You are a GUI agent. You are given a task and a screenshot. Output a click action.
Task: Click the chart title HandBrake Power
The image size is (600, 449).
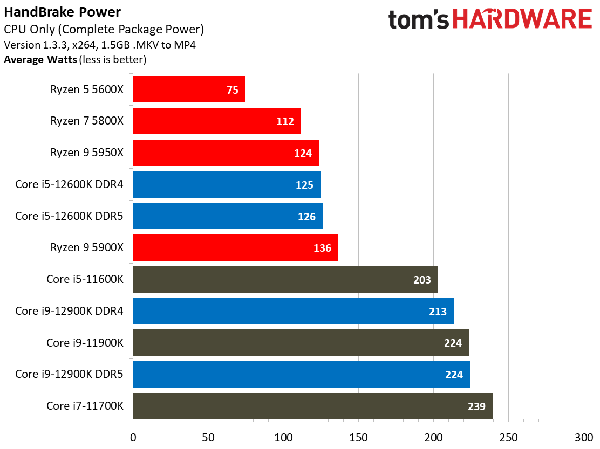pyautogui.click(x=62, y=12)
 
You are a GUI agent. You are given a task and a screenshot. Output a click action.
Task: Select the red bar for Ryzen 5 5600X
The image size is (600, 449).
pyautogui.click(x=189, y=89)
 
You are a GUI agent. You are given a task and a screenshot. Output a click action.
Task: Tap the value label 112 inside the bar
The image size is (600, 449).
pyautogui.click(x=284, y=121)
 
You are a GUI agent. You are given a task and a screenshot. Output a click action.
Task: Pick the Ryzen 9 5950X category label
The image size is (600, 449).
pyautogui.click(x=87, y=153)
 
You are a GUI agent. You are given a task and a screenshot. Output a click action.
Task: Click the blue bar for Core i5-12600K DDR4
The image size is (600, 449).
pyautogui.click(x=227, y=184)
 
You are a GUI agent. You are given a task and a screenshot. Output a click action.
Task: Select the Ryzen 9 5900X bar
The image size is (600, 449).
pyautogui.click(x=235, y=248)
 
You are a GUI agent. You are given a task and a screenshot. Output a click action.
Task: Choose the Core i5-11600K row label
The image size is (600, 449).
pyautogui.click(x=85, y=279)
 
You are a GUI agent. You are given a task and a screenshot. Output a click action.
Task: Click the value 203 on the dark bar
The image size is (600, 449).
pyautogui.click(x=422, y=280)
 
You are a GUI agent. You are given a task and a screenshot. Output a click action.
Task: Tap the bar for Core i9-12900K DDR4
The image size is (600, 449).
pyautogui.click(x=293, y=311)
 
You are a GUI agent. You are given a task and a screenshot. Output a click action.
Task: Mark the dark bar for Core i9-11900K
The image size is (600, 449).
pyautogui.click(x=301, y=343)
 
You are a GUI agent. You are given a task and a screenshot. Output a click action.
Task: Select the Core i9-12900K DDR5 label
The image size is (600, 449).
pyautogui.click(x=70, y=374)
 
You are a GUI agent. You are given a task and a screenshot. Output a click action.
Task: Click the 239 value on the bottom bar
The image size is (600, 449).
pyautogui.click(x=476, y=406)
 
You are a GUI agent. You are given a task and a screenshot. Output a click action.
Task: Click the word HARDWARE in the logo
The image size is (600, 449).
pyautogui.click(x=522, y=20)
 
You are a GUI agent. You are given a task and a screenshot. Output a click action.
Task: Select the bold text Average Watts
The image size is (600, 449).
pyautogui.click(x=40, y=59)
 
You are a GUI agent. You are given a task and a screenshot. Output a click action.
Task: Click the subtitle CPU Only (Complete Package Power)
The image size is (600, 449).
pyautogui.click(x=104, y=30)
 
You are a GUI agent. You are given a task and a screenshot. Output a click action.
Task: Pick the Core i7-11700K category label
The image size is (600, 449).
pyautogui.click(x=85, y=406)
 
